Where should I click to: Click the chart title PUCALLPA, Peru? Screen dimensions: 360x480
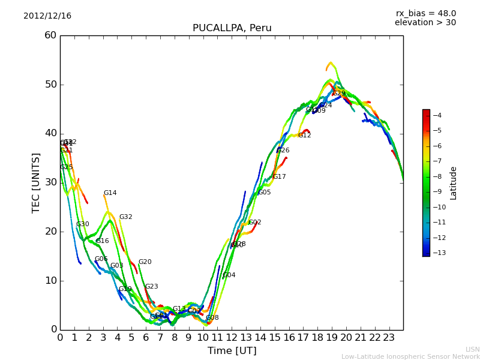point(232,28)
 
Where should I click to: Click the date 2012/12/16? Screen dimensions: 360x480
point(47,16)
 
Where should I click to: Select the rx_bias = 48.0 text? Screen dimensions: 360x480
point(425,14)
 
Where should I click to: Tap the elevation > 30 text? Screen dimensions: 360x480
point(425,23)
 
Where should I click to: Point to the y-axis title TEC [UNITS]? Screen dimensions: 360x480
point(36,182)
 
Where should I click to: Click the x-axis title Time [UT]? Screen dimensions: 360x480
point(232,351)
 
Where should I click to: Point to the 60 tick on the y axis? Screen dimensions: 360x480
point(50,35)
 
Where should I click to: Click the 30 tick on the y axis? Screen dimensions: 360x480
point(50,182)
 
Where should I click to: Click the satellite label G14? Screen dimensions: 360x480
point(110,193)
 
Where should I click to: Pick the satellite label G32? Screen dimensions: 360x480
point(125,217)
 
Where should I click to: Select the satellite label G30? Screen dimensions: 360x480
point(82,224)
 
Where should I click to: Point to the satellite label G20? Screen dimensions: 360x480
point(145,262)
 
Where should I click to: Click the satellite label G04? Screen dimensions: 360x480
point(229,275)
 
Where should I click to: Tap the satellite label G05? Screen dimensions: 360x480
point(264,193)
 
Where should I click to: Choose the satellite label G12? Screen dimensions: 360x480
point(304,136)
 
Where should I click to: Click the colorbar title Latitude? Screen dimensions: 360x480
point(454,183)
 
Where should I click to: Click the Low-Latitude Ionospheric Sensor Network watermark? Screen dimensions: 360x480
point(410,357)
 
